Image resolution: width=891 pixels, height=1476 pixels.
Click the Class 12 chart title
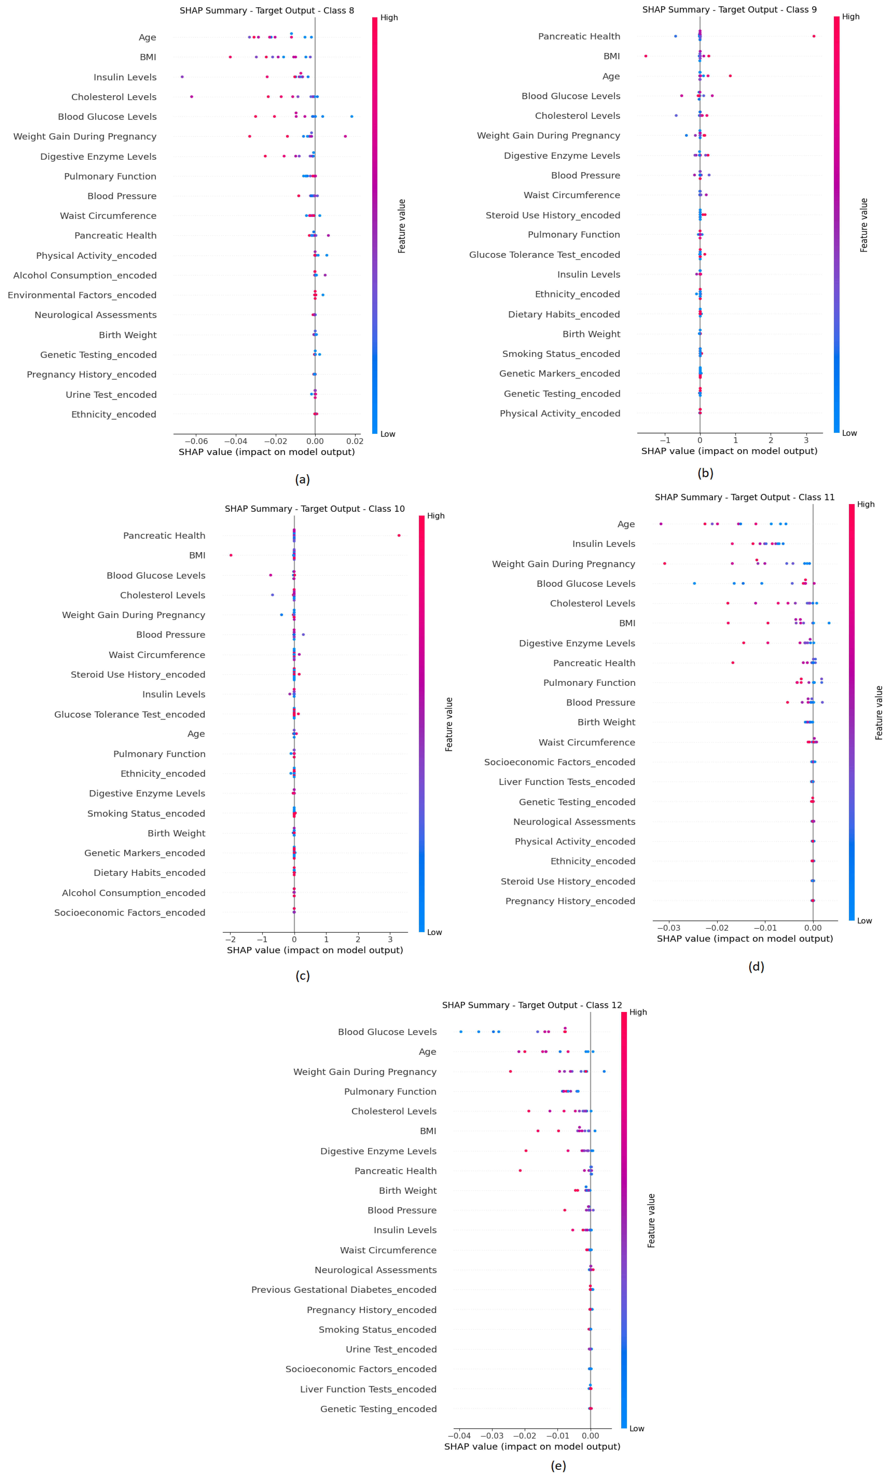(532, 1005)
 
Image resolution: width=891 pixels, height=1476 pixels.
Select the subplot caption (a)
(302, 479)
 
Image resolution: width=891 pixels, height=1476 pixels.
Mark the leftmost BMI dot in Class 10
(231, 555)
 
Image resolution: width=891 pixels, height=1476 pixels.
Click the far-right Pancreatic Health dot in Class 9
(814, 36)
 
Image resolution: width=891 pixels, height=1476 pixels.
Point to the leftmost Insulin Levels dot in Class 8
(182, 77)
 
